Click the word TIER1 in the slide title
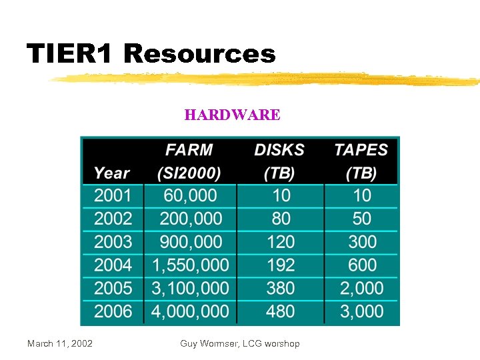click(x=71, y=54)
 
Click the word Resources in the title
click(x=199, y=54)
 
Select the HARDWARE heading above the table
click(x=232, y=115)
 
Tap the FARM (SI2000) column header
click(x=189, y=161)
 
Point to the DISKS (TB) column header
click(x=279, y=161)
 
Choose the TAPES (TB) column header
click(x=361, y=161)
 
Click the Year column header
click(x=111, y=173)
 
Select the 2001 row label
click(x=113, y=195)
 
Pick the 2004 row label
click(x=113, y=265)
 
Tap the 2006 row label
click(x=113, y=311)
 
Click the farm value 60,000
click(x=190, y=195)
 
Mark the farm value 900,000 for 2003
click(x=190, y=241)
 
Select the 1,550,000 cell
click(x=190, y=265)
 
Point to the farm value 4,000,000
click(x=190, y=311)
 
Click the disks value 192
click(x=281, y=265)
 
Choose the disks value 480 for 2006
click(x=281, y=311)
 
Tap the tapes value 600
click(x=362, y=265)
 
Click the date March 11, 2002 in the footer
click(x=60, y=343)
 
